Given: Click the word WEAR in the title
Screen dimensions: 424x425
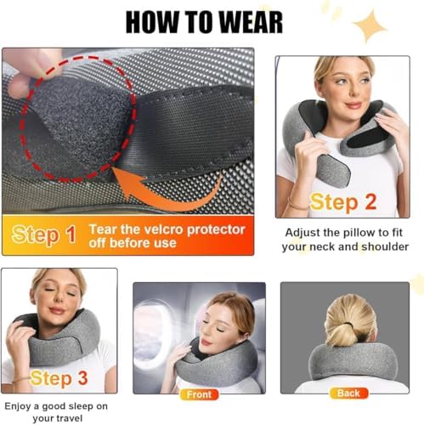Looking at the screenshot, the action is click(x=251, y=22).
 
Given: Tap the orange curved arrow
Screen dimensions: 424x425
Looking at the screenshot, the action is click(x=170, y=195).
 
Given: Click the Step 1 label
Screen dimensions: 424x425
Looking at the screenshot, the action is click(x=44, y=235).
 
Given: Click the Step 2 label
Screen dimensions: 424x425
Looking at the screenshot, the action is click(x=343, y=202).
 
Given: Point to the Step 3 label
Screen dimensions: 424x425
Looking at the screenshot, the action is click(x=59, y=378).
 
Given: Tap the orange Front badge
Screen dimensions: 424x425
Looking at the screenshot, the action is click(x=199, y=394).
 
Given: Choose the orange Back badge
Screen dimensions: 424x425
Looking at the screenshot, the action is click(x=348, y=393).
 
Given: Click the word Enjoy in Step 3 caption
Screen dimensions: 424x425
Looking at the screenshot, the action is click(x=18, y=406).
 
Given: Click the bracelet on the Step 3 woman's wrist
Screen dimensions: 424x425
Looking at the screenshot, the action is click(x=21, y=379).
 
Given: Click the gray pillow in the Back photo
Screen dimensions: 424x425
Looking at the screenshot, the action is click(x=349, y=360).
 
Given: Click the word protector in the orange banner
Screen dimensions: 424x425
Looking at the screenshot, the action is click(x=216, y=229).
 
